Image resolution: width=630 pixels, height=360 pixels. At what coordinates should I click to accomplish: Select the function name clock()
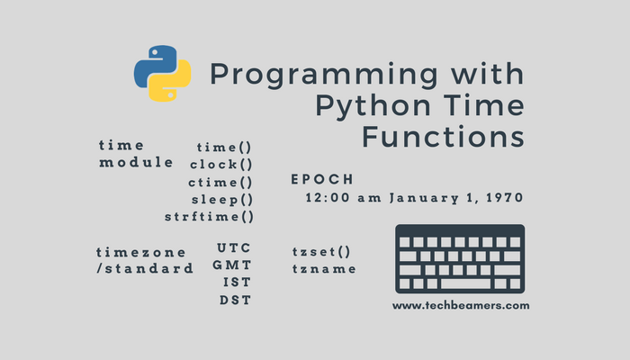[x=221, y=164]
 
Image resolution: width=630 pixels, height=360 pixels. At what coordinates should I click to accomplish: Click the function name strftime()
[x=209, y=217]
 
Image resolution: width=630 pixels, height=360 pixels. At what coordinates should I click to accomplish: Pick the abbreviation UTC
[x=234, y=248]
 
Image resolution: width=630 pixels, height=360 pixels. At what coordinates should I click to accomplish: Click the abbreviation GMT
[x=232, y=265]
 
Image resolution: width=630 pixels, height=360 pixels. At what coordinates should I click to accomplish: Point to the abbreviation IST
[x=236, y=283]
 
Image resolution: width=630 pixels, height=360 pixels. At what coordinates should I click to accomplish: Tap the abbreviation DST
[x=234, y=300]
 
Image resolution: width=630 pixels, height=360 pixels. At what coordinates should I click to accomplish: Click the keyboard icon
[x=460, y=259]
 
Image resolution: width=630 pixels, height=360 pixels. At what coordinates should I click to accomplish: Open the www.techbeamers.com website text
[x=460, y=305]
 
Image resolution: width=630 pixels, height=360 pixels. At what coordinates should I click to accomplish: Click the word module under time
[x=136, y=163]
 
